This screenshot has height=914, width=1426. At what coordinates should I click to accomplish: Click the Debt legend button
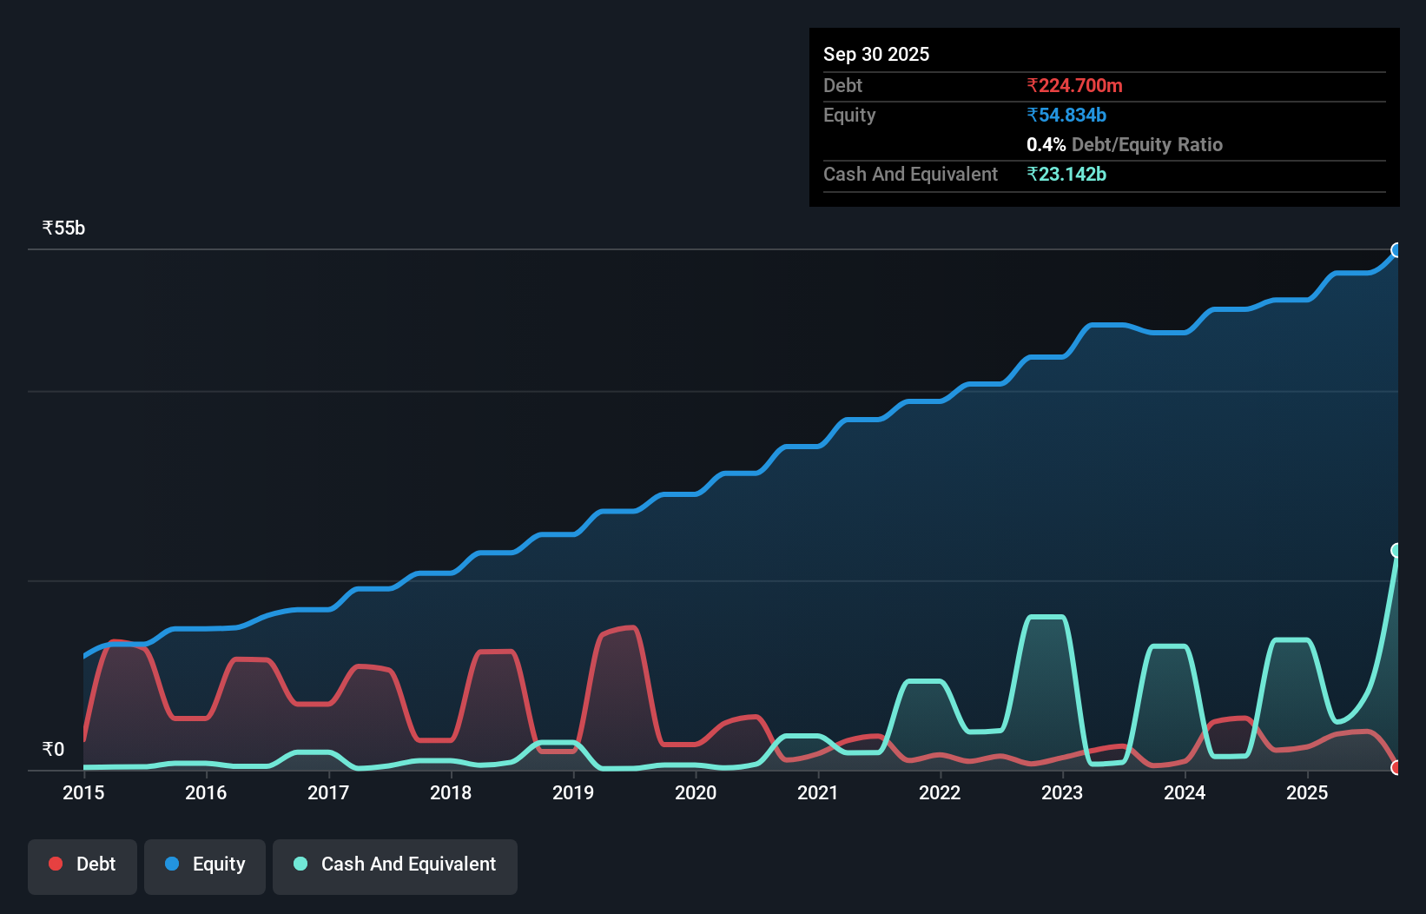pyautogui.click(x=83, y=864)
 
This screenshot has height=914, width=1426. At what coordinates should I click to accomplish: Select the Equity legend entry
pyautogui.click(x=205, y=864)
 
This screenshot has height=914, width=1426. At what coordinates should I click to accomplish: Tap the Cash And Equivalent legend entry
pyautogui.click(x=395, y=864)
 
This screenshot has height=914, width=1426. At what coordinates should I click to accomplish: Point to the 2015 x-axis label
pyautogui.click(x=83, y=792)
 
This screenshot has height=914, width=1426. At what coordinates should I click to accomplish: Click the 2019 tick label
pyautogui.click(x=573, y=792)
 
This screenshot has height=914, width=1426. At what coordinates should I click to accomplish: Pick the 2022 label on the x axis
pyautogui.click(x=940, y=792)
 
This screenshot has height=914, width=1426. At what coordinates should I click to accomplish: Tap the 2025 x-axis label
pyautogui.click(x=1307, y=792)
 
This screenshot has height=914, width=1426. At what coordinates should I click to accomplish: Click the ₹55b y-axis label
pyautogui.click(x=63, y=228)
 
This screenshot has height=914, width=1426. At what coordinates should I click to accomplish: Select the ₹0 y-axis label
pyautogui.click(x=53, y=749)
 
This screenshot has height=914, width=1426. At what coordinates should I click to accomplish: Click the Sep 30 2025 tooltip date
pyautogui.click(x=876, y=54)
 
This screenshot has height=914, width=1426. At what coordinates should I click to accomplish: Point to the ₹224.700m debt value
pyautogui.click(x=1074, y=85)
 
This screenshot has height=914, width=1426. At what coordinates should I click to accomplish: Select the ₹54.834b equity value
pyautogui.click(x=1066, y=115)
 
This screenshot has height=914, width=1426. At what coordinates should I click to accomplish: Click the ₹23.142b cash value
pyautogui.click(x=1066, y=174)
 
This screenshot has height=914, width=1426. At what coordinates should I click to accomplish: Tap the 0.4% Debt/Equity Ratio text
pyautogui.click(x=1124, y=144)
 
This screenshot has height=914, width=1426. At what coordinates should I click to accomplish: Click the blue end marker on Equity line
pyautogui.click(x=1396, y=250)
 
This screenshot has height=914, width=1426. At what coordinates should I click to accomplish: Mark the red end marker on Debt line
pyautogui.click(x=1396, y=767)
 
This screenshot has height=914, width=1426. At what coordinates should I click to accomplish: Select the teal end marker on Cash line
pyautogui.click(x=1396, y=550)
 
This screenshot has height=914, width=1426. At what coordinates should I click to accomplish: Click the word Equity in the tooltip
pyautogui.click(x=849, y=115)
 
